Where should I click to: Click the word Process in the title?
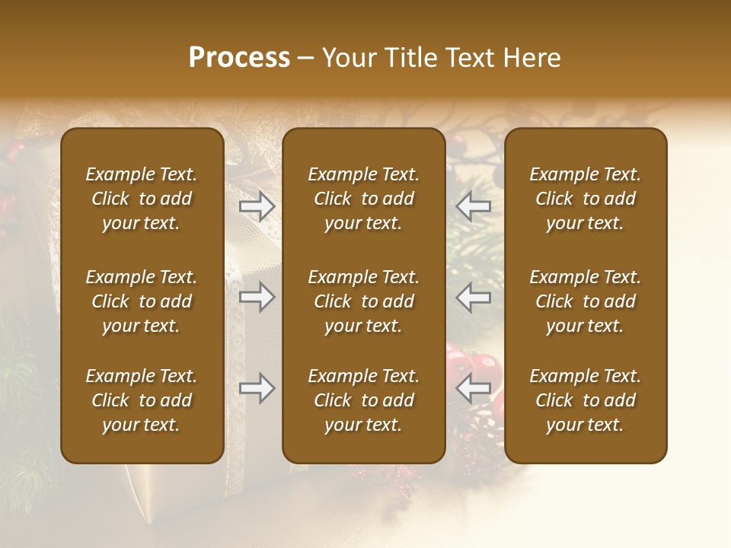pos(239,57)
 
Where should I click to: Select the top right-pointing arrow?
pos(257,206)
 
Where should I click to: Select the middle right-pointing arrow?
pos(257,297)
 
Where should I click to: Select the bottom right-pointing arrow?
pos(257,388)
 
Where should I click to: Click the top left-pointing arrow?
pos(473,206)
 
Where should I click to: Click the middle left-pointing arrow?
pos(473,297)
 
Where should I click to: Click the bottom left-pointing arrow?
pos(473,388)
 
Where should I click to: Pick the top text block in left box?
pos(142,199)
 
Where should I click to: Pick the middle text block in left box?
pos(142,301)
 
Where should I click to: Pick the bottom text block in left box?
pos(142,400)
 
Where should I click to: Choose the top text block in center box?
pos(363,199)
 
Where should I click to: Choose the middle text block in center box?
pos(363,301)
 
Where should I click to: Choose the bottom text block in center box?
pos(363,400)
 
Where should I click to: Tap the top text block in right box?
pos(585,199)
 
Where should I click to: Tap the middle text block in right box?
pos(585,301)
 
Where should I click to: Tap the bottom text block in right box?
pos(585,400)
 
